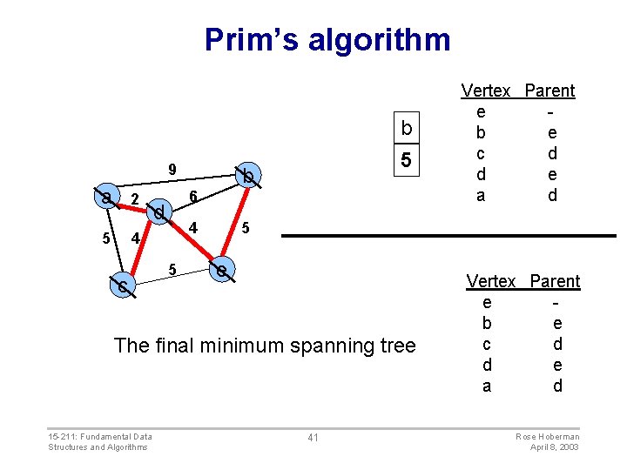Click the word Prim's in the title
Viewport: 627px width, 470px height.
[247, 40]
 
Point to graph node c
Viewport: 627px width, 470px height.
[123, 285]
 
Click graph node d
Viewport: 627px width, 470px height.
[158, 211]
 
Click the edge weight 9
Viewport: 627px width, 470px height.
[172, 169]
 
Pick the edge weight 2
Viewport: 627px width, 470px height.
[134, 199]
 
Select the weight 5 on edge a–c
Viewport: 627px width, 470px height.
[105, 238]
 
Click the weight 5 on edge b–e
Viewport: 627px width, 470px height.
[246, 228]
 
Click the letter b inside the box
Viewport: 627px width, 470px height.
[406, 130]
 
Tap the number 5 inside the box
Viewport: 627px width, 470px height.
[406, 161]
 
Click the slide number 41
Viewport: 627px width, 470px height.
[313, 437]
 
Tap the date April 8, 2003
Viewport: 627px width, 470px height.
[555, 446]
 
